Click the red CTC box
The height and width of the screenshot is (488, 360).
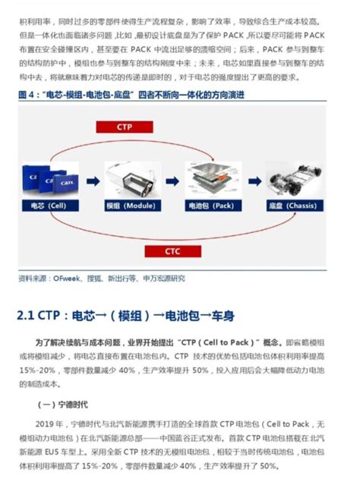(172, 250)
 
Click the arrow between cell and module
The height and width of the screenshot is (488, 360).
(92, 181)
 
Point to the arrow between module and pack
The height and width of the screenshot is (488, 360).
(170, 181)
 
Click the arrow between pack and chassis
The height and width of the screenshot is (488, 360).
(251, 181)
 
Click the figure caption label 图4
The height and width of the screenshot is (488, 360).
(27, 96)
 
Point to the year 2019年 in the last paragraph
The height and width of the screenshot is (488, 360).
(46, 423)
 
